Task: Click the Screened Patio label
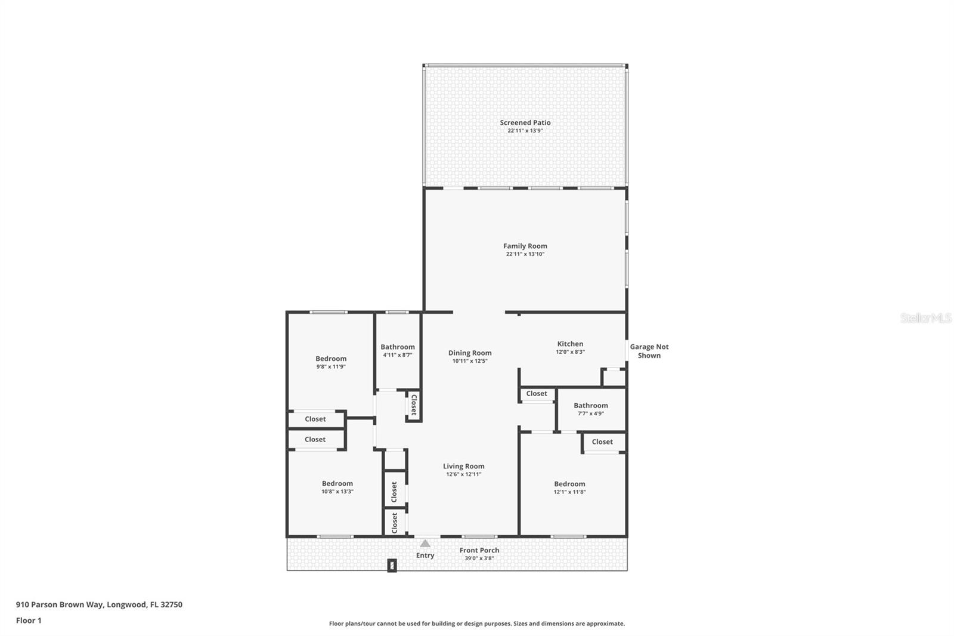point(525,122)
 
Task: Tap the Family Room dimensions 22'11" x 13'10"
point(525,254)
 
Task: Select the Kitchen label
point(570,344)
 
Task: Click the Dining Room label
point(470,353)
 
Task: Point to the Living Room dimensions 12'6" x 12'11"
point(463,474)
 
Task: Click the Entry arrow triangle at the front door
point(425,544)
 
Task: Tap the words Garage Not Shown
point(649,351)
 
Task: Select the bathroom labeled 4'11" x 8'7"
point(397,350)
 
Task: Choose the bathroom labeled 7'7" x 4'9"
point(590,409)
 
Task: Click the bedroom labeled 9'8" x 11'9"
point(331,362)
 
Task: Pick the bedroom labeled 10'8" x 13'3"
point(337,487)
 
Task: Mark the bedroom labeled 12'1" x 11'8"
point(569,487)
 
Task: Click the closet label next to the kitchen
point(537,394)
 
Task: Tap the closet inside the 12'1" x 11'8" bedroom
point(602,442)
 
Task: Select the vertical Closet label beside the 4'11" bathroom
point(413,405)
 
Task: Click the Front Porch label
point(479,551)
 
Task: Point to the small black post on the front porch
point(392,565)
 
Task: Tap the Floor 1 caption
point(29,620)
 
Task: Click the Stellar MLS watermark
point(925,318)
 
